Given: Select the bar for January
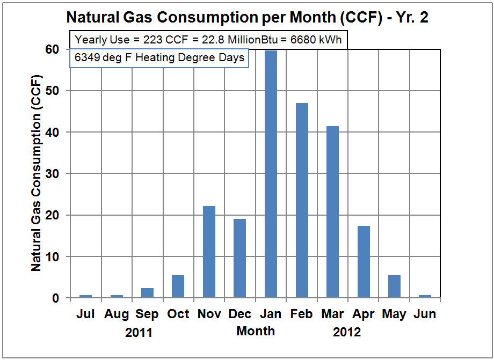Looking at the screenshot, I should click(271, 174).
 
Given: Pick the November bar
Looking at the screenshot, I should click(209, 252).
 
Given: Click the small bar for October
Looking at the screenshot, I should click(178, 286).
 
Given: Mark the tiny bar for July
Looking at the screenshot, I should click(85, 296).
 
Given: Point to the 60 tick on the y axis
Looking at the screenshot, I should click(53, 49).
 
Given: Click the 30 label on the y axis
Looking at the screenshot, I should click(53, 174).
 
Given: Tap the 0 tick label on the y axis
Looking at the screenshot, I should click(56, 298).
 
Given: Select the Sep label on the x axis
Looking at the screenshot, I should click(147, 314).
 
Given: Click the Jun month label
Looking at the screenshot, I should click(425, 314).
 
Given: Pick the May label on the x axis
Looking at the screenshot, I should click(394, 314).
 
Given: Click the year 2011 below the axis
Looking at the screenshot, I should click(139, 333).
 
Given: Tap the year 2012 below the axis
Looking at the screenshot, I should click(347, 333).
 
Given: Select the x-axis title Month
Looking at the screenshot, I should click(256, 331).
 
